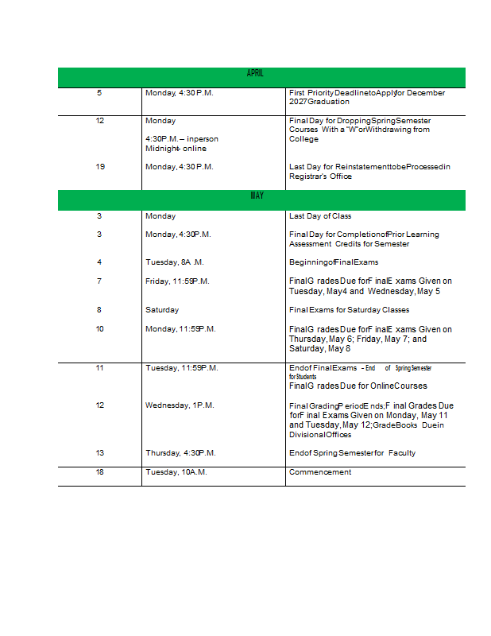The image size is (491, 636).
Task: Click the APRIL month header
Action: tap(255, 73)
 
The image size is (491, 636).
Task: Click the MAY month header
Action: tap(257, 196)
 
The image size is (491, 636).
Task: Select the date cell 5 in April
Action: tap(99, 93)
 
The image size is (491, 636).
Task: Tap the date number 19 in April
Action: tap(100, 166)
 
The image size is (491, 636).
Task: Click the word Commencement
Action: tap(320, 472)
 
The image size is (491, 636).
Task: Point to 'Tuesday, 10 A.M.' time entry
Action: tap(176, 472)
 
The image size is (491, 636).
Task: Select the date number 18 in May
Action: tap(100, 472)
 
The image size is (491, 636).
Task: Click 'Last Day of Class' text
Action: tap(320, 216)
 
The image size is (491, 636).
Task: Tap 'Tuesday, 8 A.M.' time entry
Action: tap(175, 262)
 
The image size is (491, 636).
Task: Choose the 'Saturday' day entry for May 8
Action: tap(162, 310)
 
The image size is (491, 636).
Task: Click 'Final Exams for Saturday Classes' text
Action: tap(350, 310)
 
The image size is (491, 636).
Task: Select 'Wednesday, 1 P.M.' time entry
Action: tap(180, 405)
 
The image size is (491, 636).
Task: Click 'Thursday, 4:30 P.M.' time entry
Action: tap(180, 453)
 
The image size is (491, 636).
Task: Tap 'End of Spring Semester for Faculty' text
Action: tap(352, 453)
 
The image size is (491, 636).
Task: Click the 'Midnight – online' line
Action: tap(176, 149)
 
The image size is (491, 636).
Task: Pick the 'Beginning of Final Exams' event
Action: tap(334, 262)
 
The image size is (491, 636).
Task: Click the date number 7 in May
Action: tap(99, 281)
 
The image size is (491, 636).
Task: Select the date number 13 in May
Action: tap(100, 453)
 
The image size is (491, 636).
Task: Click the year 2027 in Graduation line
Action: tap(298, 103)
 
